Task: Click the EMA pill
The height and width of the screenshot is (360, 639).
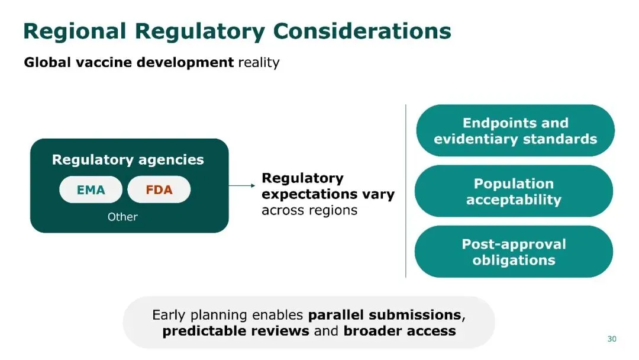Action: coord(91,190)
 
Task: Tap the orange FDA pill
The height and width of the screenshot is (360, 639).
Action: coord(159,190)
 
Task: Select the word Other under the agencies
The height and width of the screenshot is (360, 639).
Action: coord(122,217)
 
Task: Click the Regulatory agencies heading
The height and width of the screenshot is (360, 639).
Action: coord(128,160)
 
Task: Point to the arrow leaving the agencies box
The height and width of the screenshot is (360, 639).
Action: coord(242,186)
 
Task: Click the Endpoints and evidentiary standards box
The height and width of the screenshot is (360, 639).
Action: coord(515,131)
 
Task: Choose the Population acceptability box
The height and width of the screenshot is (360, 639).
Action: coord(514,191)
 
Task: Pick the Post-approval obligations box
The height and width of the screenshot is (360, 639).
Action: coord(514,252)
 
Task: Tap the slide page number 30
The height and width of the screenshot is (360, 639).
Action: coord(612,339)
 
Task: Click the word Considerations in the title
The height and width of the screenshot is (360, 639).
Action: coord(361,31)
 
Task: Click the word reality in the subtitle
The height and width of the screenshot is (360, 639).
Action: coord(259,63)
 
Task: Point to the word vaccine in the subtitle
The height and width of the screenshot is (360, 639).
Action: coord(105,63)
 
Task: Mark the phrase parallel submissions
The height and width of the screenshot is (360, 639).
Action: coord(384,314)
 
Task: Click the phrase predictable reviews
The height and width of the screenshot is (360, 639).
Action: coord(235,331)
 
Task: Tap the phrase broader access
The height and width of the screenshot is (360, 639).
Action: coord(399,331)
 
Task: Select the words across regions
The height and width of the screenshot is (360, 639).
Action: coord(309,210)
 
